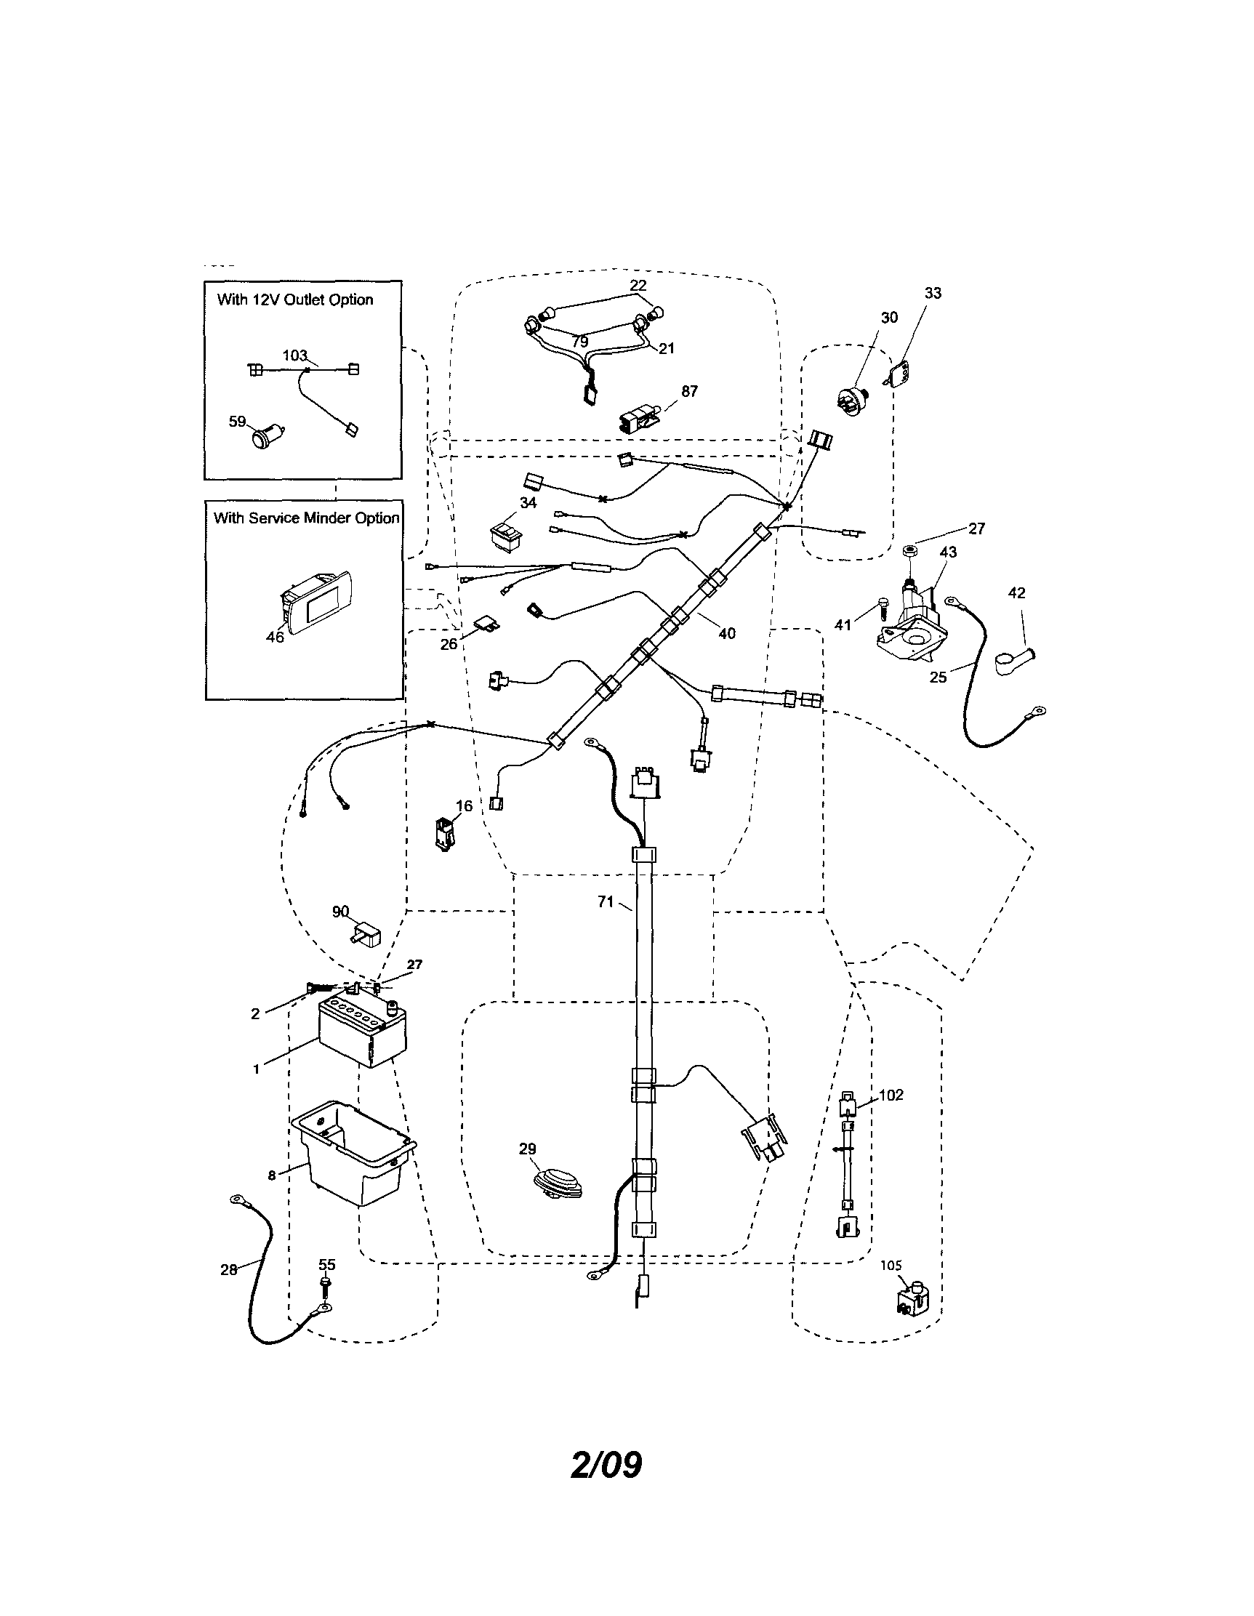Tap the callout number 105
(x=891, y=1266)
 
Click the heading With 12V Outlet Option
(x=294, y=300)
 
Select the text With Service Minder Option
(x=305, y=518)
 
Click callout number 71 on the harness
(x=605, y=901)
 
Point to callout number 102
(x=891, y=1095)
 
